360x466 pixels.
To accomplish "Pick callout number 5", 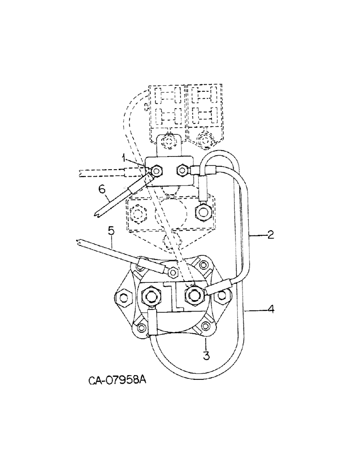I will click(111, 229).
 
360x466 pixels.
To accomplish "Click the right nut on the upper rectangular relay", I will click(181, 171).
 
